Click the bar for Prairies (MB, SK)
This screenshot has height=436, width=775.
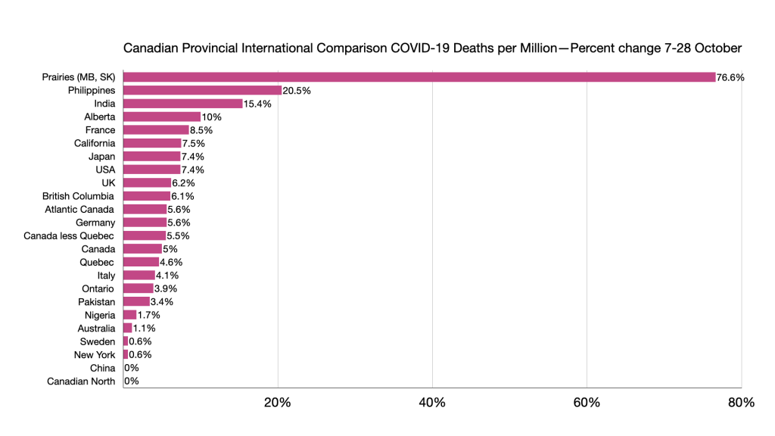[419, 77]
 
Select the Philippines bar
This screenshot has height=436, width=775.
[202, 90]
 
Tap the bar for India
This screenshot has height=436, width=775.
[182, 104]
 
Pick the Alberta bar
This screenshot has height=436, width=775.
[161, 117]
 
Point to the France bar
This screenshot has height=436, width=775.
[155, 130]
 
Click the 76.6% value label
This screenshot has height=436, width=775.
[730, 77]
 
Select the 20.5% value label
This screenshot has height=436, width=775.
[296, 90]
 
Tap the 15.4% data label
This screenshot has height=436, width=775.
[257, 104]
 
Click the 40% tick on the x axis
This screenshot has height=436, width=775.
[432, 403]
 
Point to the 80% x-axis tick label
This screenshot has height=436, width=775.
[741, 403]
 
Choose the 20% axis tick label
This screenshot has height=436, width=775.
[278, 403]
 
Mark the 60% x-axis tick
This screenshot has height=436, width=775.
[587, 403]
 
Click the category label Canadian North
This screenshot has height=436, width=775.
[81, 381]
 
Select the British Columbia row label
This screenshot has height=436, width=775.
[78, 196]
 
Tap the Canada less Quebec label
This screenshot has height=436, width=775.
[69, 236]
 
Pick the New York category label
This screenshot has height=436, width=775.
[95, 355]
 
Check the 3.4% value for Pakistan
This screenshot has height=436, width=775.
[162, 302]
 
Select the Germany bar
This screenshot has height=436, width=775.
[144, 223]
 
